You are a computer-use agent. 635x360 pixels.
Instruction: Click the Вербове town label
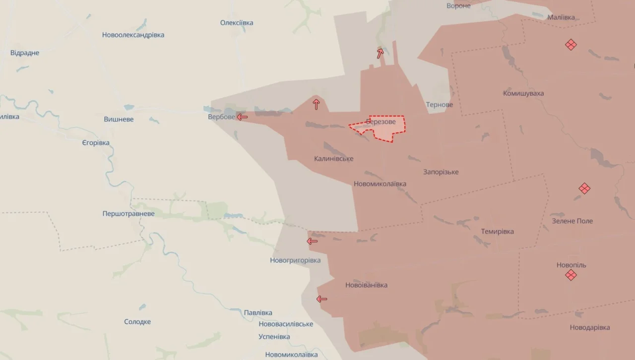click(x=221, y=117)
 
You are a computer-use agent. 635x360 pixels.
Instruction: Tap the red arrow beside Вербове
click(x=242, y=117)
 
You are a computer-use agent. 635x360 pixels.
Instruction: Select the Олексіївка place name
click(x=237, y=23)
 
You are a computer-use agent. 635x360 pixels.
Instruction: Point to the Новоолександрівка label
click(x=133, y=35)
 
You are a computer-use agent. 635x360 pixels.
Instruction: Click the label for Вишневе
click(x=119, y=120)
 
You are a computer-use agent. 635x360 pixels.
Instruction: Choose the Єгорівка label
click(x=96, y=143)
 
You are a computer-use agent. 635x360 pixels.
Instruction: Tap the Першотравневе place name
click(x=128, y=214)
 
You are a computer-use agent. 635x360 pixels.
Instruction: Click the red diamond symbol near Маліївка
click(x=571, y=45)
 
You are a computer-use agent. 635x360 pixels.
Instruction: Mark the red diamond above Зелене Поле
click(x=584, y=188)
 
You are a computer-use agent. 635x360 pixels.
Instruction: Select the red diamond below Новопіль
click(x=571, y=275)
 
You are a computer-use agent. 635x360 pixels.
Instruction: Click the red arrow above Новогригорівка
click(x=312, y=241)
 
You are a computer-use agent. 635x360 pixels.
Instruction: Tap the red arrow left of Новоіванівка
click(x=322, y=299)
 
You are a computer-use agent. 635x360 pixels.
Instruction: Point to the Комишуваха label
click(x=523, y=93)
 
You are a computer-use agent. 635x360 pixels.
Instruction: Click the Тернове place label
click(x=439, y=105)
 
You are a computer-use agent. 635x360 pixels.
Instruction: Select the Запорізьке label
click(x=441, y=172)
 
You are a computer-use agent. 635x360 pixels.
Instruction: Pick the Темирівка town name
click(x=497, y=232)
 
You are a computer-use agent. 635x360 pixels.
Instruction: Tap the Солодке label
click(x=137, y=322)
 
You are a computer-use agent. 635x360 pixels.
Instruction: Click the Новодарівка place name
click(x=590, y=327)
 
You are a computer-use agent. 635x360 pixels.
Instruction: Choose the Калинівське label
click(x=333, y=159)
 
